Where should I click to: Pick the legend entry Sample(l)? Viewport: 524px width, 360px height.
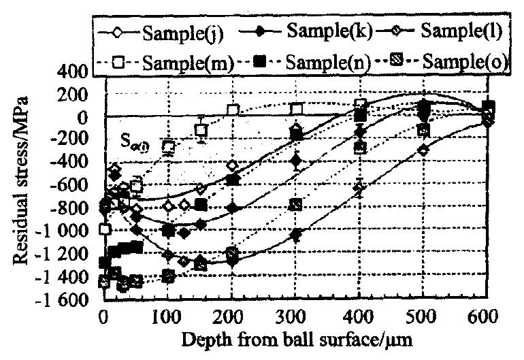point(457,31)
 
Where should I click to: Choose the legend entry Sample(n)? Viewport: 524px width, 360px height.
point(327,63)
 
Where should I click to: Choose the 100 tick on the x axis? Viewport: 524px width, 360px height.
point(169,316)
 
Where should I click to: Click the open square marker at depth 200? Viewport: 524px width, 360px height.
point(233,110)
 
